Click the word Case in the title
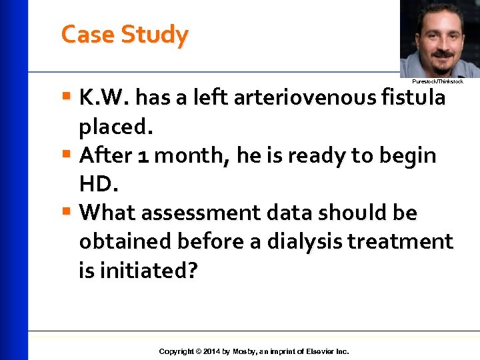pyautogui.click(x=87, y=34)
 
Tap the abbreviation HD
pyautogui.click(x=97, y=185)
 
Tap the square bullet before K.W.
pyautogui.click(x=66, y=97)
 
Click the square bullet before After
pyautogui.click(x=66, y=155)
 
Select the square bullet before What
pyautogui.click(x=66, y=213)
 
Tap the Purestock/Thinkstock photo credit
pyautogui.click(x=437, y=81)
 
